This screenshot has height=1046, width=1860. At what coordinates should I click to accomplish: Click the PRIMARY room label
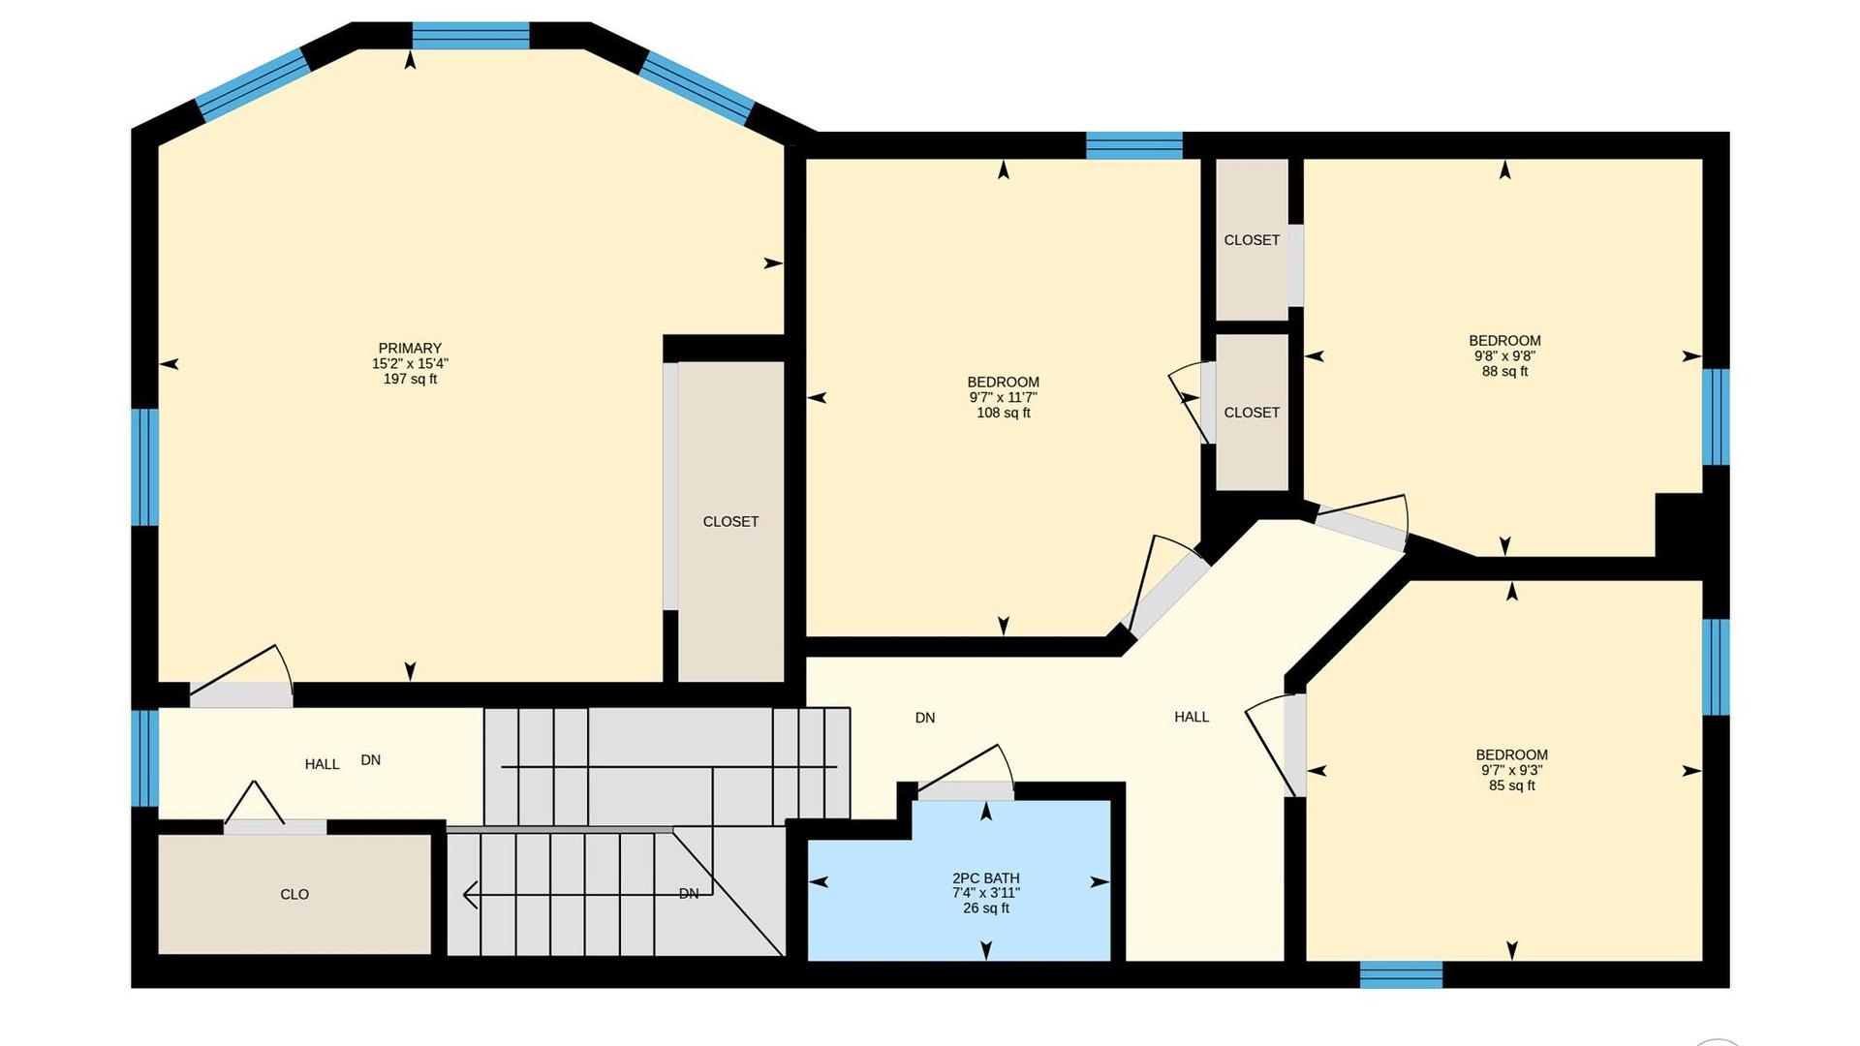[x=410, y=348]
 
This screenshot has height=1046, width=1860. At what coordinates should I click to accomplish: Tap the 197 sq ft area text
[x=410, y=379]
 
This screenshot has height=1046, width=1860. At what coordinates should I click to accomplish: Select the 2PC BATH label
[x=986, y=878]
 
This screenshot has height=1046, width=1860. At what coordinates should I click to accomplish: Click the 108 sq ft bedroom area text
[x=1004, y=413]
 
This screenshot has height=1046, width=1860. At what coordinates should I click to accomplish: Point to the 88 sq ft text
[x=1504, y=371]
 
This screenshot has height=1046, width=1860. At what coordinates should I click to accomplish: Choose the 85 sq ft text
[x=1511, y=785]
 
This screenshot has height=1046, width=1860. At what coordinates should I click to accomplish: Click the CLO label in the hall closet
[x=294, y=894]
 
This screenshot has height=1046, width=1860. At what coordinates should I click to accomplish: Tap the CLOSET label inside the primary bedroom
[x=730, y=521]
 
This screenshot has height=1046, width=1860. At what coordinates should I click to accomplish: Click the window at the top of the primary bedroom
[x=471, y=36]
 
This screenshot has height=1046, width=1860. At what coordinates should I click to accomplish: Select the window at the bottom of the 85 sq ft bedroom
[x=1401, y=974]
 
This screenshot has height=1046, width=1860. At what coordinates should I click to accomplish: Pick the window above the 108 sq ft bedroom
[x=1133, y=145]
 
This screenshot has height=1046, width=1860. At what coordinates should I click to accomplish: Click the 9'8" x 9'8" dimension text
[x=1504, y=355]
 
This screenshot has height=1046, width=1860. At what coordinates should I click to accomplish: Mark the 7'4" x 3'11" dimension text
[x=986, y=893]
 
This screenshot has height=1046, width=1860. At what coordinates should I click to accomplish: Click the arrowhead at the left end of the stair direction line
[x=470, y=895]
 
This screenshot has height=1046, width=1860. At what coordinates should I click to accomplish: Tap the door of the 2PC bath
[x=966, y=790]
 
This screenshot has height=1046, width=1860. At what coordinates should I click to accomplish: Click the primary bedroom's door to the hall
[x=241, y=693]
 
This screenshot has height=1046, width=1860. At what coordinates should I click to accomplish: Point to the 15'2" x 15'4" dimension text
[x=410, y=363]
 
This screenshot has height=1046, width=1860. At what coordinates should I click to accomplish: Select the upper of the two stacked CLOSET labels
[x=1252, y=240]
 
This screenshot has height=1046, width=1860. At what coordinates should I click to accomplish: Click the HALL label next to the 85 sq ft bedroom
[x=1192, y=717]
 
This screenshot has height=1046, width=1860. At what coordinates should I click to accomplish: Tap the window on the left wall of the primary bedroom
[x=145, y=467]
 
